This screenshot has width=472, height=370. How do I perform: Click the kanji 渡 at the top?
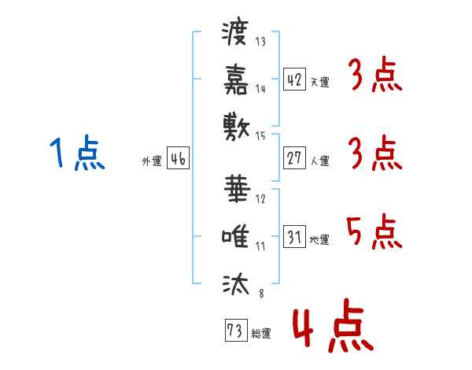[235, 33]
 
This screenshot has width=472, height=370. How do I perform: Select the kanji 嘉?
[236, 80]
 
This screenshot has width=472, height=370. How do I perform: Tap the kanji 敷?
[236, 127]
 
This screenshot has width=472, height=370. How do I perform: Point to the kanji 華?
[238, 189]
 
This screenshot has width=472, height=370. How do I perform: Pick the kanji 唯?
[235, 236]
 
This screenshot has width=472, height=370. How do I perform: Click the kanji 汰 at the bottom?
[236, 283]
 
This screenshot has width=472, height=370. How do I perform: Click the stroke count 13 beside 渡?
[260, 41]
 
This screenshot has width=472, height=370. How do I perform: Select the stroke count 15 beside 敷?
[260, 136]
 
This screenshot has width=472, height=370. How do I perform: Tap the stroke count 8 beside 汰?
[261, 293]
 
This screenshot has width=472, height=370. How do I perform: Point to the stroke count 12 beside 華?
[260, 199]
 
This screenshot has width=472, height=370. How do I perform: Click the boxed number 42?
[294, 79]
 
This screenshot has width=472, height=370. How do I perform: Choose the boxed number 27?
[294, 158]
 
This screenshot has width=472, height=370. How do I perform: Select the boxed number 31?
[294, 236]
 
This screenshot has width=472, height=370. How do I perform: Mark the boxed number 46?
[178, 158]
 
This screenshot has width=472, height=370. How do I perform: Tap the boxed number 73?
[236, 330]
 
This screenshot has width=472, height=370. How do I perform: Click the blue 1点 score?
[77, 153]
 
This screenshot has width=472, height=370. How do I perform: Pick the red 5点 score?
[374, 231]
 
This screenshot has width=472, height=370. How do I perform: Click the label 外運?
[152, 161]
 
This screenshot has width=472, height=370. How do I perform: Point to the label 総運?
[261, 334]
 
